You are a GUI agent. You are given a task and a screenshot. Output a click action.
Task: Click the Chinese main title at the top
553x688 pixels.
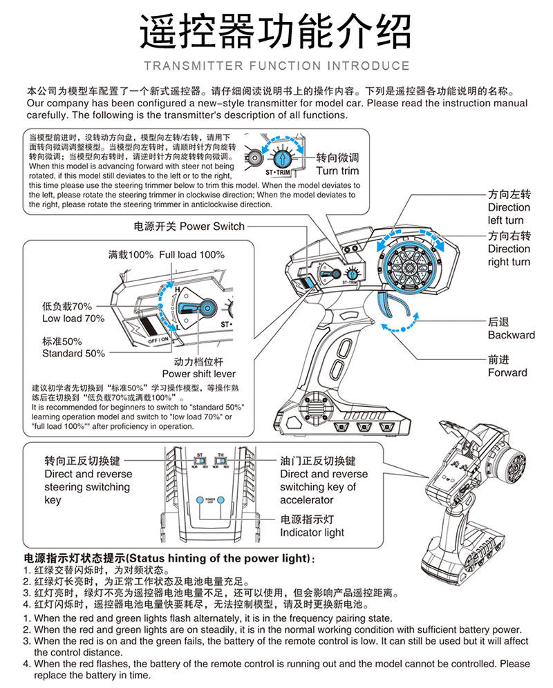[276, 31]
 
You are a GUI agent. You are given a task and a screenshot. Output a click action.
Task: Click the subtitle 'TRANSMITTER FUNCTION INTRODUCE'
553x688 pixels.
[276, 66]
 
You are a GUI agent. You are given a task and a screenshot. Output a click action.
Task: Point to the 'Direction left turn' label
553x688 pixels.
[509, 207]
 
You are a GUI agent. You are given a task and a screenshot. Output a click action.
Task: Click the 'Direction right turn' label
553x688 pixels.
[509, 249]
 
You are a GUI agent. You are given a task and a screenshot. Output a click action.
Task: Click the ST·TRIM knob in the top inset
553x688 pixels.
[281, 155]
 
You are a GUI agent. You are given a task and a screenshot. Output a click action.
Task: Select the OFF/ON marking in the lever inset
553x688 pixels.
[158, 341]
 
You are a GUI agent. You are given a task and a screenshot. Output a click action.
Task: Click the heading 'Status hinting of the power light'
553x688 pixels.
[169, 558]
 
